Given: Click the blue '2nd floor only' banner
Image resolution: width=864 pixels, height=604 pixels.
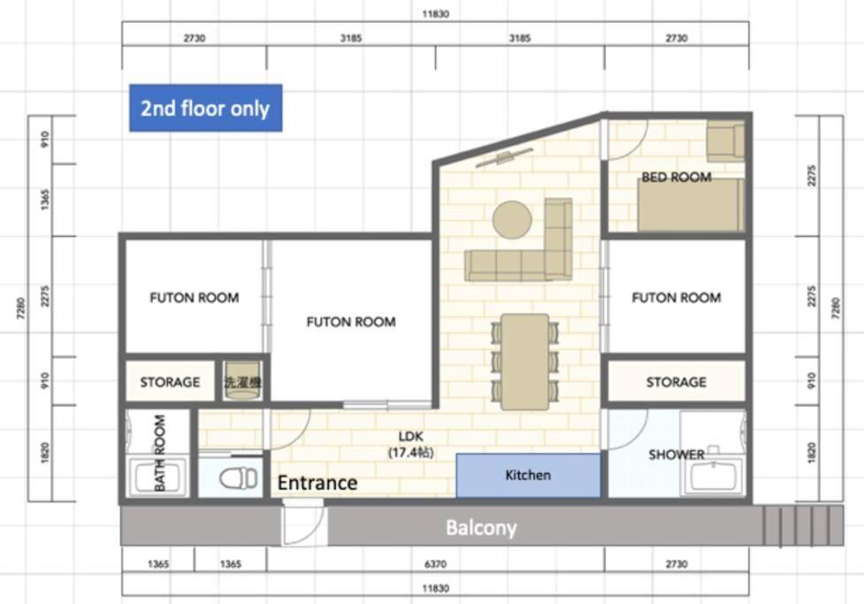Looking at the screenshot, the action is point(205,108).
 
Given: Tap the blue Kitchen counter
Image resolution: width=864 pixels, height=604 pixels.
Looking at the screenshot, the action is point(529,475).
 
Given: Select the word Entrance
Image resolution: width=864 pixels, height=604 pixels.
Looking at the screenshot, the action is point(317,483).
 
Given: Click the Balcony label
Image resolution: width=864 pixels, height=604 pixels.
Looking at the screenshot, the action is point(481,527).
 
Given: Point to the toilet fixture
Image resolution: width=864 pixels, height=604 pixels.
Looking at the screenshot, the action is point(238,478).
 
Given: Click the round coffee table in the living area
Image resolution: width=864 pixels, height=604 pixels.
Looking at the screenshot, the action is point(512,219).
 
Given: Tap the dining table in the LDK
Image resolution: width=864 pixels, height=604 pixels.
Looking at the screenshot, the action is point(524,362).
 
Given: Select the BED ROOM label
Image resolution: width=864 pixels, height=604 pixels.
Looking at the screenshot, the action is point(677,177).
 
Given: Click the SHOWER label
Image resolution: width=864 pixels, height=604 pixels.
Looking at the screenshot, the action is point(677,455).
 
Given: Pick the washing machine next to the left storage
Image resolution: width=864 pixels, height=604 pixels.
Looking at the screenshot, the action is point(242,380).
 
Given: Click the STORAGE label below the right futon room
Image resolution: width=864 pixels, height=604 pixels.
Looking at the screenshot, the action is point(677,382).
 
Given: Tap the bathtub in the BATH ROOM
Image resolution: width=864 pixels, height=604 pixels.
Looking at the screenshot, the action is point(157,478).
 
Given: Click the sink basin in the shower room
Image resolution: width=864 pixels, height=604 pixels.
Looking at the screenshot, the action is point(714,477).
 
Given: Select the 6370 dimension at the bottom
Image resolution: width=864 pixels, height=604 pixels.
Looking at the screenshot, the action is point(435,564).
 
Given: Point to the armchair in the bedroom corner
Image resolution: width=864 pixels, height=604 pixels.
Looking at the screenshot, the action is point(725,141).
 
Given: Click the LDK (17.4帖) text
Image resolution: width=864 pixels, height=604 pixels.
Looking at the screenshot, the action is point(410,444).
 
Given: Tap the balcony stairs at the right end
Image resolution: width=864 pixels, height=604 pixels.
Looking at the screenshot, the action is point(803,526).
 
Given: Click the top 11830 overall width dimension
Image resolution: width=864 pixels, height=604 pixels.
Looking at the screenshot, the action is point(435,14).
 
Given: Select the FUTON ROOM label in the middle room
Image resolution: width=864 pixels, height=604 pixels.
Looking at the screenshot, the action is point(351,322).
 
